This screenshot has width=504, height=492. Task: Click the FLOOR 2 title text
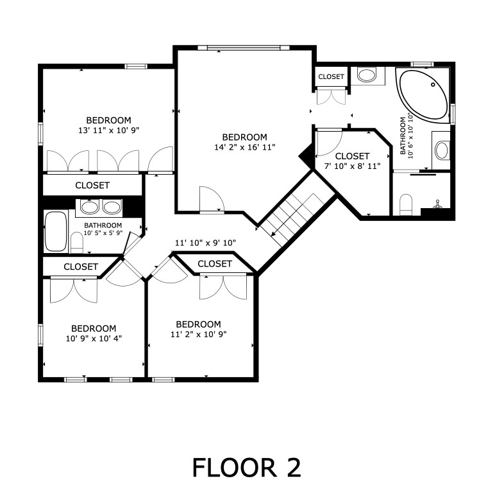coord(246,468)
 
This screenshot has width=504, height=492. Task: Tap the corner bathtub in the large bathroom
coord(423,95)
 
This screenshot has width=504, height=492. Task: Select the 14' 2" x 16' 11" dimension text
coord(245,148)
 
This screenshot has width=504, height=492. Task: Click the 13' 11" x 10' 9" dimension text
coord(108,130)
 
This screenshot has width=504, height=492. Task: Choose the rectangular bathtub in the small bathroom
coord(56,231)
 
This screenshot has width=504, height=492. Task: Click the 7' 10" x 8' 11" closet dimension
coord(352,166)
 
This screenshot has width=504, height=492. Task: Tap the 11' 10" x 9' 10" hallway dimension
coord(206,243)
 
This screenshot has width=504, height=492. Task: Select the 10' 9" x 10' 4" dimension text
coord(94,338)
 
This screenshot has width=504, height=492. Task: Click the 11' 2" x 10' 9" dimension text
coord(199,335)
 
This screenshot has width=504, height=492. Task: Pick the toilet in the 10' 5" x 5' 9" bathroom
coord(77,243)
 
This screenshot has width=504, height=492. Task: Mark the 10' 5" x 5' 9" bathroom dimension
coord(103,233)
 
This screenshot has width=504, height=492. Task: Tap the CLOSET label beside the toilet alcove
coord(331,76)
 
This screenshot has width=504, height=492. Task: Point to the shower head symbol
coord(437,204)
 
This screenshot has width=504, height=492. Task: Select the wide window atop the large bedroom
coord(244,48)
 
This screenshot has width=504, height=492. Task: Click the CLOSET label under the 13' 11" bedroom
coord(92,186)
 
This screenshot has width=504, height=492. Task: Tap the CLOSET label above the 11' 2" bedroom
coord(215,264)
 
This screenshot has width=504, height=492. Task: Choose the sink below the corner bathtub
coord(441,150)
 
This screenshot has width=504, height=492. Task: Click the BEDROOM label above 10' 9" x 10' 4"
coord(94,328)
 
